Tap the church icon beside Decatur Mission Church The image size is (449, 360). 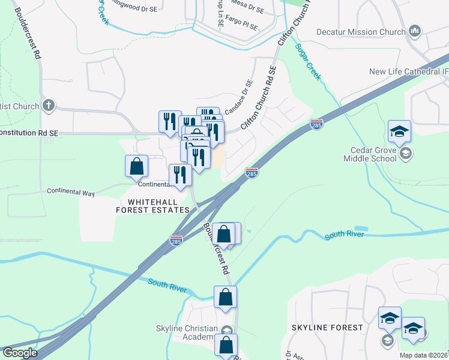tap(414, 31)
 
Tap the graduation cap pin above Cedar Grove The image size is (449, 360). tap(399, 131)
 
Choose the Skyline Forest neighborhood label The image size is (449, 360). tap(327, 328)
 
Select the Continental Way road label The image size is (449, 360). tap(71, 193)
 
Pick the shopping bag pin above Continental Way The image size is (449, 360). tap(137, 166)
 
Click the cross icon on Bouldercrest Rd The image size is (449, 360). tap(49, 106)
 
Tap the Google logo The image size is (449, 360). tap(20, 353)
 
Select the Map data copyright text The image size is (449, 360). tap(423, 355)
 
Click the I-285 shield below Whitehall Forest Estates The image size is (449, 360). tap(176, 241)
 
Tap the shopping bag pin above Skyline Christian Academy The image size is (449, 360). tap(225, 297)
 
